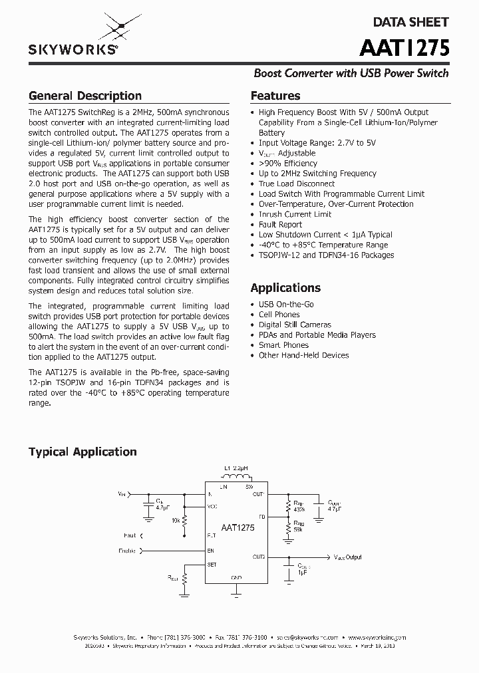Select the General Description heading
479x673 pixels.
coord(85,96)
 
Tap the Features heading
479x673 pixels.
coord(275,96)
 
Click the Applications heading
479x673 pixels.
coord(285,288)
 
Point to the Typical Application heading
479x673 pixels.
coord(82,452)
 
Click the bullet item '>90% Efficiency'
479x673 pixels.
coord(287,163)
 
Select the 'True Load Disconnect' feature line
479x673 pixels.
coord(296,184)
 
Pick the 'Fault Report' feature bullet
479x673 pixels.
coord(280,225)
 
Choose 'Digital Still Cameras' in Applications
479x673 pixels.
coord(295,325)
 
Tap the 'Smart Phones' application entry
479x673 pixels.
coord(283,345)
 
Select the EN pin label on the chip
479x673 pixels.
coord(210,551)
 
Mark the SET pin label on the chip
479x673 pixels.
coord(212,564)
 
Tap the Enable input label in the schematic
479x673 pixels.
coord(127,551)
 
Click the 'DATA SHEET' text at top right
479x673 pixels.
coord(410,22)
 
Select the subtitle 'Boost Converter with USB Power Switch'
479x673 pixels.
coord(351,73)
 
